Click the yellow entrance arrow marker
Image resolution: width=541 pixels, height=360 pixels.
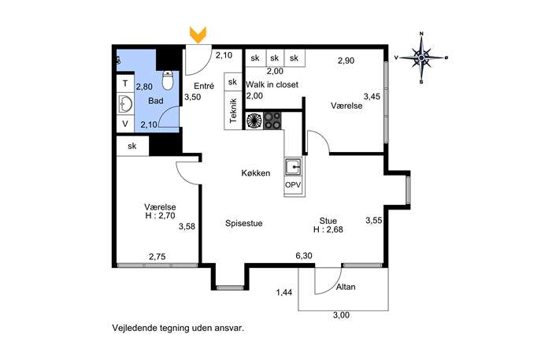coord(198,35)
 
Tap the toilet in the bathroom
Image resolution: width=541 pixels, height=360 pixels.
coord(168,80)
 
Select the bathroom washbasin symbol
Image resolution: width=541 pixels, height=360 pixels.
coord(125,103)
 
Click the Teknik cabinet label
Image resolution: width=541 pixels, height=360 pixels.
coord(233,110)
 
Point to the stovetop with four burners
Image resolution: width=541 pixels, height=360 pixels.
coord(272,121)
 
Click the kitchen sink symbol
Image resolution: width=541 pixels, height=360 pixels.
coord(293,168)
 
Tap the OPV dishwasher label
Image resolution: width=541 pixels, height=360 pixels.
coord(293,185)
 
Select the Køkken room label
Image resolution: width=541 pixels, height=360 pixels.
coord(256,173)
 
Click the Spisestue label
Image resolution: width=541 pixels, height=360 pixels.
coord(244,223)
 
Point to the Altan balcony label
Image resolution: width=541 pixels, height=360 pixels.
coord(346,287)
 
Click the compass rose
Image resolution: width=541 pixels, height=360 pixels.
coord(421,58)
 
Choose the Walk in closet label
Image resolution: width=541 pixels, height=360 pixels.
coord(272,84)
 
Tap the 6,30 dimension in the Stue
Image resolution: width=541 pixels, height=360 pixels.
coord(304,256)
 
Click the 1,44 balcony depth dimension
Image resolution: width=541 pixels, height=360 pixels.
coord(284,293)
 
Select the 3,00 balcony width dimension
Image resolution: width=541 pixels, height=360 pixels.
coord(341,315)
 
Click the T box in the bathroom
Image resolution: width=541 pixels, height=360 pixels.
coord(125,84)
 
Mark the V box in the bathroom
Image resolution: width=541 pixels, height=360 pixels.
coord(125,124)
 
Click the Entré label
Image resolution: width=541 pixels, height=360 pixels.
coord(204,86)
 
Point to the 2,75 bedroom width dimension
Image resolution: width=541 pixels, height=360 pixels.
coord(157,257)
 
